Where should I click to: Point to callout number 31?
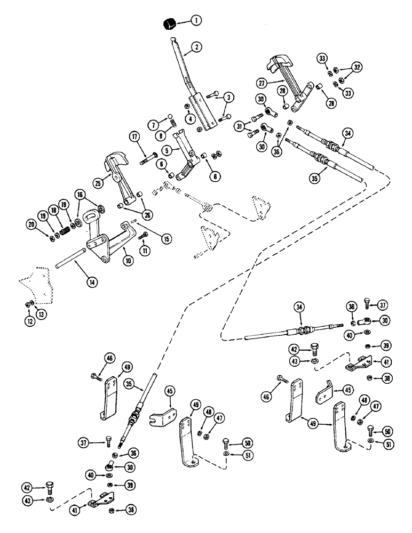(240, 126)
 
